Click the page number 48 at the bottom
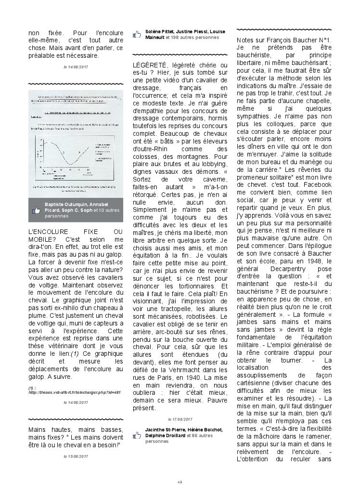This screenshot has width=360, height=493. click(x=180, y=482)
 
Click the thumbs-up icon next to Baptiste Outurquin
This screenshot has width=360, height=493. click(x=36, y=210)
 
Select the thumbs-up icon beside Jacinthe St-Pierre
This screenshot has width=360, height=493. click(x=138, y=432)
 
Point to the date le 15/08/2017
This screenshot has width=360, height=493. click(x=76, y=455)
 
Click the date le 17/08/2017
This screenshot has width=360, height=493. click(x=180, y=419)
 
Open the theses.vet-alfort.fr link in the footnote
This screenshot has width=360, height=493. click(x=75, y=392)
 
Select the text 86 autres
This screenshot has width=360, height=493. click(x=201, y=436)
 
